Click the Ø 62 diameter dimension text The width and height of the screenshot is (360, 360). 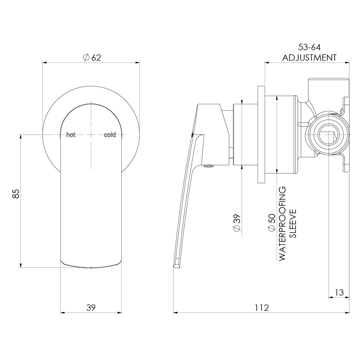[91, 57]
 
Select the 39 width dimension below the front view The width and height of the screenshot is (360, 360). [91, 308]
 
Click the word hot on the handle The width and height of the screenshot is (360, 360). [71, 135]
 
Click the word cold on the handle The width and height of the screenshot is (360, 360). [110, 135]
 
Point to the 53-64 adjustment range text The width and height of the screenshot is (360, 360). [309, 48]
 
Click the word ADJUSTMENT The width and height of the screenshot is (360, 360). [309, 58]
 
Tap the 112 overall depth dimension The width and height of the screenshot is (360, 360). [262, 308]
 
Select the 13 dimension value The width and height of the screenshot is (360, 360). [339, 292]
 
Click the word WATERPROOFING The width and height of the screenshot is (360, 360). [282, 224]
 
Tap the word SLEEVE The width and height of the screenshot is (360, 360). [293, 224]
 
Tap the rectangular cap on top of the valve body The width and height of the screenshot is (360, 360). [328, 87]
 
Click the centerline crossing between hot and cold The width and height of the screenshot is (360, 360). [91, 135]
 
